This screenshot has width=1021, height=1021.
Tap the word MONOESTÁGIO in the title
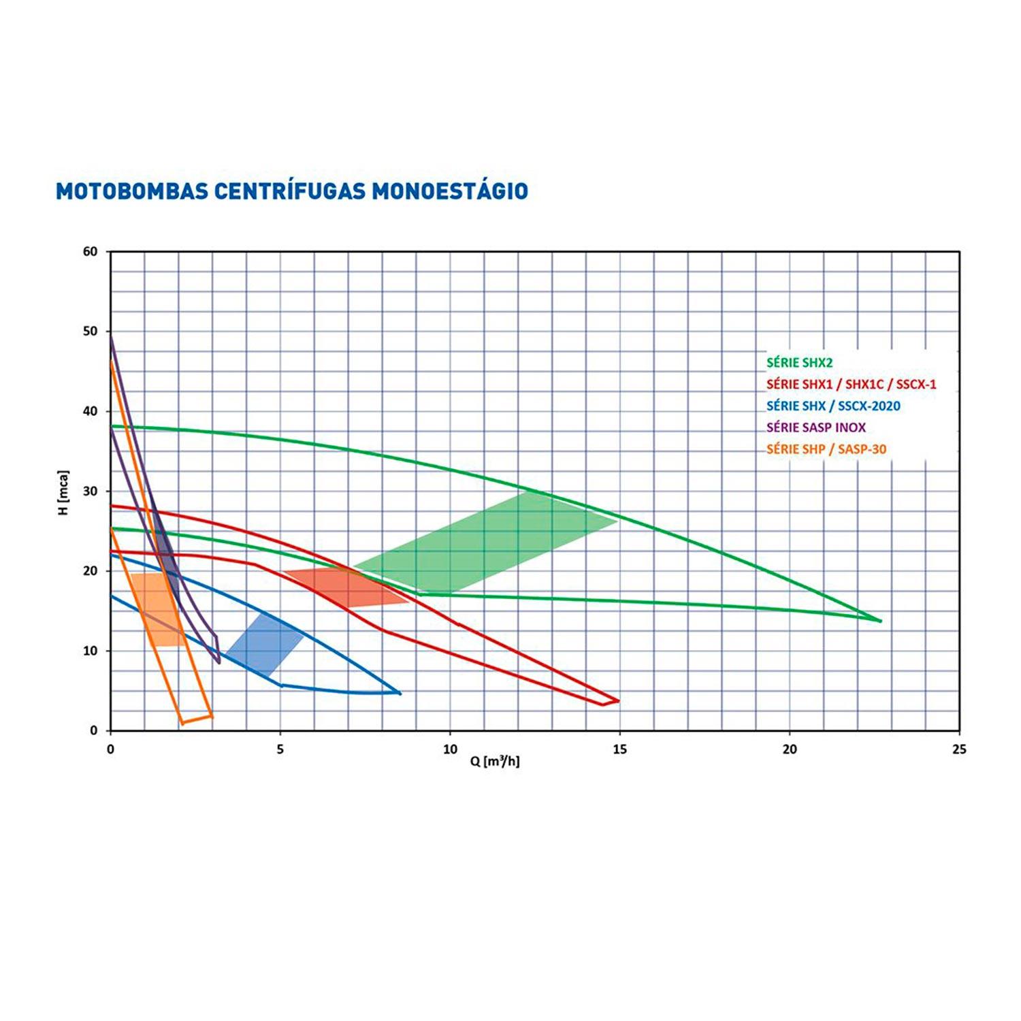(x=449, y=191)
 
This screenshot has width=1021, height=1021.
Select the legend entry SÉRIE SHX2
(x=799, y=363)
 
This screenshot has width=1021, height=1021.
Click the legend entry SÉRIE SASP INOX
(x=816, y=427)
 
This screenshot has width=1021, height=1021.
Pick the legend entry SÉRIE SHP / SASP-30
(x=826, y=449)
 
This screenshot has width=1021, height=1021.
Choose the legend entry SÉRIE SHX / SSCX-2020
(x=833, y=406)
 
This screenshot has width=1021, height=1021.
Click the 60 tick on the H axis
(x=91, y=252)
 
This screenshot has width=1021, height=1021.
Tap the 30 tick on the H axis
(x=91, y=491)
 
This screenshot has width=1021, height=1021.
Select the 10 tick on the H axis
(x=91, y=651)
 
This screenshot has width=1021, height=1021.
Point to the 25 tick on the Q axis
(x=958, y=749)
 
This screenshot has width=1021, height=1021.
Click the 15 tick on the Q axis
(x=619, y=749)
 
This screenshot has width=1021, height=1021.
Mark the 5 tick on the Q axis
(x=280, y=749)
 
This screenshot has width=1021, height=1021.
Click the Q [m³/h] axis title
(x=495, y=762)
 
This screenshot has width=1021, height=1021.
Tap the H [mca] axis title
(x=64, y=491)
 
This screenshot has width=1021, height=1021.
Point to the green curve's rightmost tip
(x=880, y=621)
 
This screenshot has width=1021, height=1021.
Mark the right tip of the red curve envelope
(x=618, y=700)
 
